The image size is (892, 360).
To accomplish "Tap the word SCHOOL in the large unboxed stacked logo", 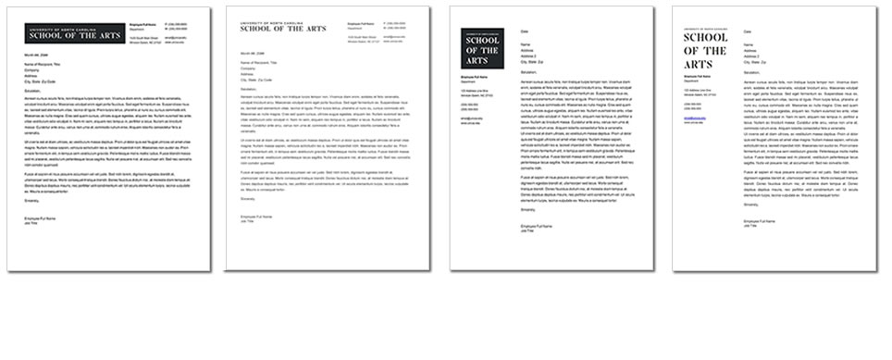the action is click(706, 39).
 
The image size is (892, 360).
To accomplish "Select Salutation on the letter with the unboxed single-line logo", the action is click(249, 90).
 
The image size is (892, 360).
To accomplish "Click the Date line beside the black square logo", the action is click(525, 32).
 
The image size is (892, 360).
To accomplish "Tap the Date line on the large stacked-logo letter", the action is click(748, 32).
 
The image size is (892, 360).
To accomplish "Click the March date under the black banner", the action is click(35, 55).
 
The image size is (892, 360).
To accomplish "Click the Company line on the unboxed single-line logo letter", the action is click(247, 68).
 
